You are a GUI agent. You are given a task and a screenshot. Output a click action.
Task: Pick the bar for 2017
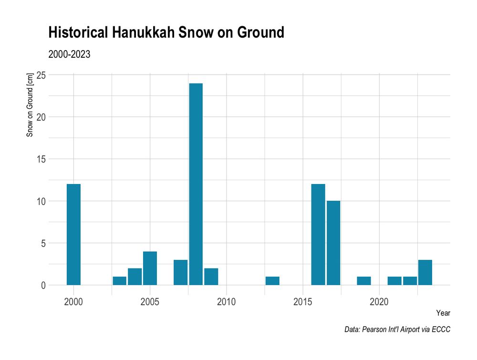click(333, 243)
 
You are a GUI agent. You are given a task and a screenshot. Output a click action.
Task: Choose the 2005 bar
click(150, 268)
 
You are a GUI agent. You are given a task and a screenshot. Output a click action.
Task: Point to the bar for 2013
click(272, 281)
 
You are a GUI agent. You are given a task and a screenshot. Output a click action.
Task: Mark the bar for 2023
click(425, 273)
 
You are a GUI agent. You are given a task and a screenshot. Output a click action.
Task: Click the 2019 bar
click(364, 281)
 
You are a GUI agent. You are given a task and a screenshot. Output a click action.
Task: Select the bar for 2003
click(119, 281)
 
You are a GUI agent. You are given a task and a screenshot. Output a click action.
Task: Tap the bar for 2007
click(180, 273)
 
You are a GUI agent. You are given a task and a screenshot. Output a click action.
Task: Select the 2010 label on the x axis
click(226, 302)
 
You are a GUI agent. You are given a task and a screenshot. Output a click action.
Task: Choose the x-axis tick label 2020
click(379, 302)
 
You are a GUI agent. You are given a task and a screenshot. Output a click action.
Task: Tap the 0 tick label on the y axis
click(43, 285)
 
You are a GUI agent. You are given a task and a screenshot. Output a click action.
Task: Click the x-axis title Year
click(443, 313)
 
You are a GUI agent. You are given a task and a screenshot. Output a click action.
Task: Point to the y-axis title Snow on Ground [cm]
click(30, 105)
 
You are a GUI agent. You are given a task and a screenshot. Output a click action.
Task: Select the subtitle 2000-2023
click(70, 54)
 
